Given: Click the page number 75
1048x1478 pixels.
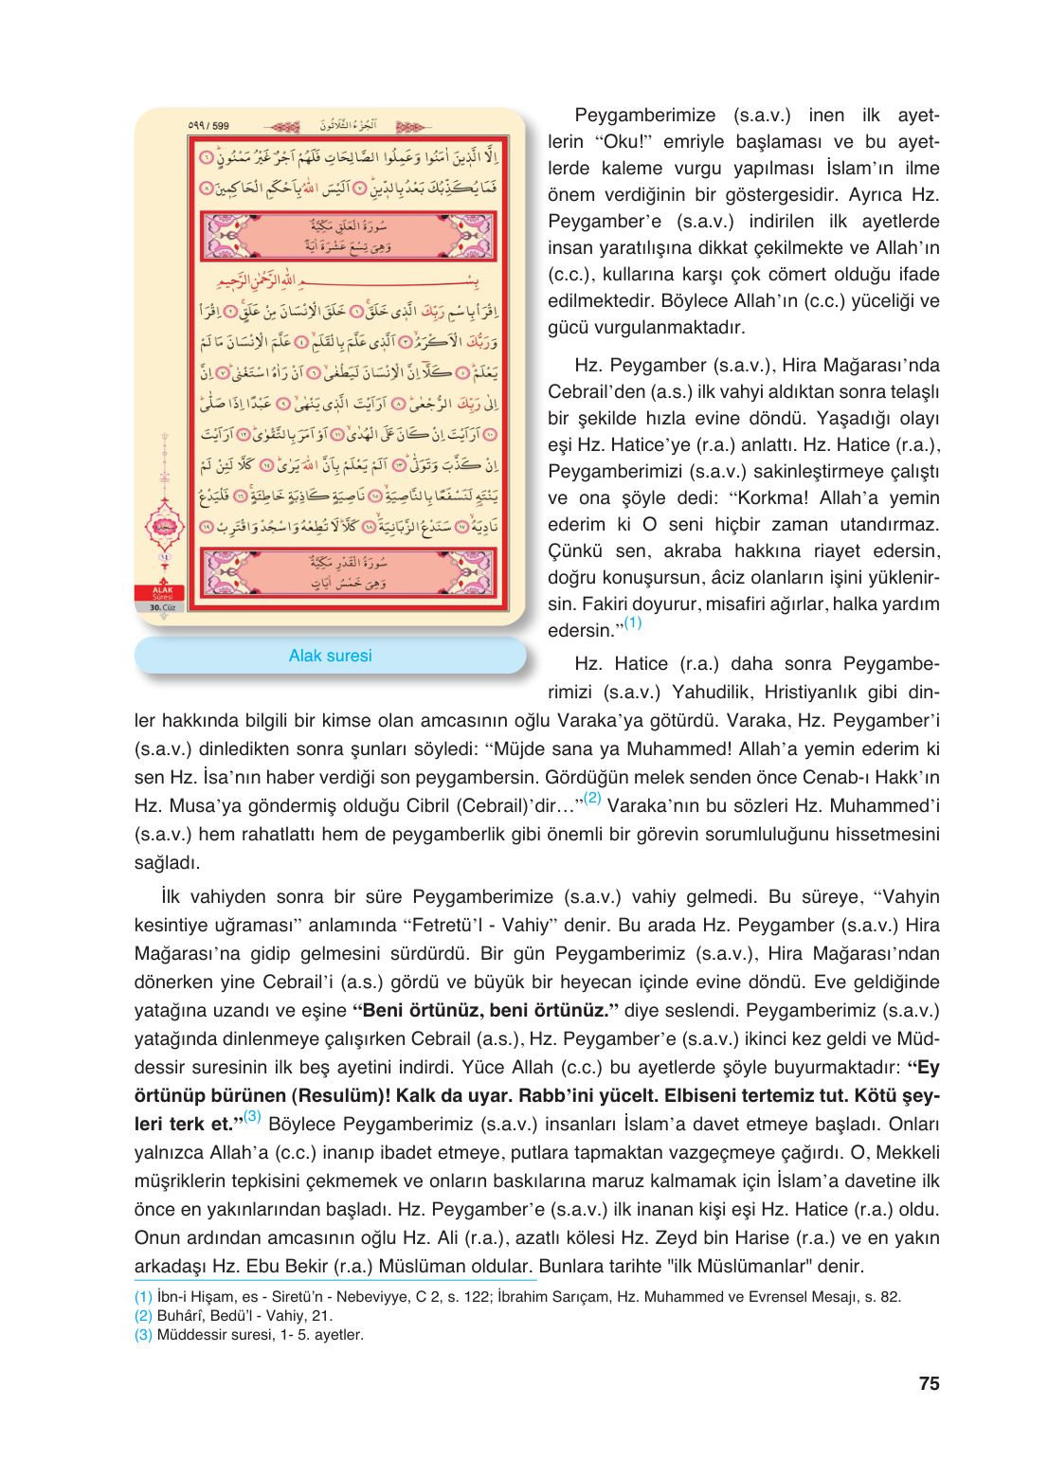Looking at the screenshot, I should coord(929,1383).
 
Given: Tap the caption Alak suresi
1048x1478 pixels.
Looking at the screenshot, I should coord(330,656).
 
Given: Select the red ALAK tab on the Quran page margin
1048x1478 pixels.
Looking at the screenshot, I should coord(163,593).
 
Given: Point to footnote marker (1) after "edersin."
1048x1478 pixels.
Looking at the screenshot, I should coord(632,622).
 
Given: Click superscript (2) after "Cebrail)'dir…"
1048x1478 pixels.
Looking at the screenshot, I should coord(592,798).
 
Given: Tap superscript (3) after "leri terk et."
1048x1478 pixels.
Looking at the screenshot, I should coord(252,1116).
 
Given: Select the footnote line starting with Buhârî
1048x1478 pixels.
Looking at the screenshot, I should coord(244,1316).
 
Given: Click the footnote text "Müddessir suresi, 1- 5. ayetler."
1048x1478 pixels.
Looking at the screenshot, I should coord(260,1335).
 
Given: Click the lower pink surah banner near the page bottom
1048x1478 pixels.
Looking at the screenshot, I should coord(349,572).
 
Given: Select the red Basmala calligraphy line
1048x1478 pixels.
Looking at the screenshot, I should coord(349,281).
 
